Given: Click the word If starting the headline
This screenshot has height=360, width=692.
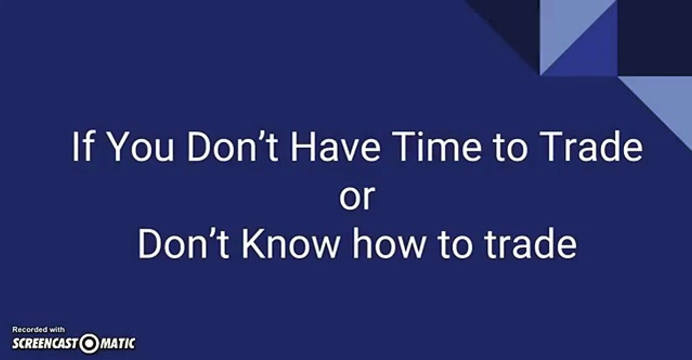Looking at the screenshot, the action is pos(82,146).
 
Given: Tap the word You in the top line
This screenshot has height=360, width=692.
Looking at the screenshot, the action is pos(141,146).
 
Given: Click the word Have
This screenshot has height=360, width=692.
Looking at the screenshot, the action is pos(336,146).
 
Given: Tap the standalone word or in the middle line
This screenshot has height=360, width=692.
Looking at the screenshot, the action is pos(357,197).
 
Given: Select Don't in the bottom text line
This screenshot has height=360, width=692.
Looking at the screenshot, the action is pos(183,243).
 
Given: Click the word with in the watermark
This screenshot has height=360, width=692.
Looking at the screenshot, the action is pos(57,329).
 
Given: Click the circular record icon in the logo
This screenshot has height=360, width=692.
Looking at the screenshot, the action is pos(89,343).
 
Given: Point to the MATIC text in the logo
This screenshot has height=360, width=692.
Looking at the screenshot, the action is pos(118,344).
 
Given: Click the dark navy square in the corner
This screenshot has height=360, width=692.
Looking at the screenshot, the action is pos(655,37).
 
